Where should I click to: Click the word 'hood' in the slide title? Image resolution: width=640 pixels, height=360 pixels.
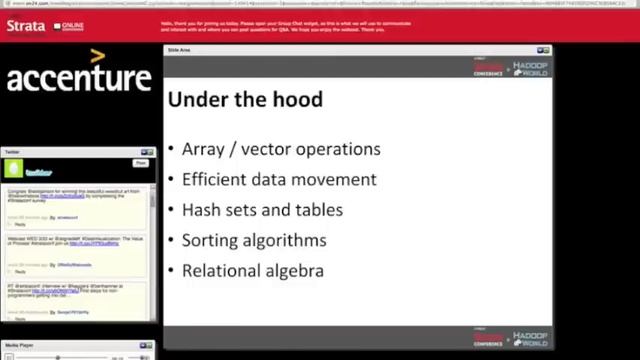298,99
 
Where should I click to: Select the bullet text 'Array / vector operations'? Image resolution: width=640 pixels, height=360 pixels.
280,149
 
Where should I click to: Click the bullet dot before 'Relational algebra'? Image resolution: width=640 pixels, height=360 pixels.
171,271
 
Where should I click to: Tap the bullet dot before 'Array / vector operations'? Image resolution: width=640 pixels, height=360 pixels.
171,150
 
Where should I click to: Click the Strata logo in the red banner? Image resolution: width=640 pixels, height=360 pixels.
25,26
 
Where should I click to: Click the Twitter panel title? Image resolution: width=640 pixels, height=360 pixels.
12,152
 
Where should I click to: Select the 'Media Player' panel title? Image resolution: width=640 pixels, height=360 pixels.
19,344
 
